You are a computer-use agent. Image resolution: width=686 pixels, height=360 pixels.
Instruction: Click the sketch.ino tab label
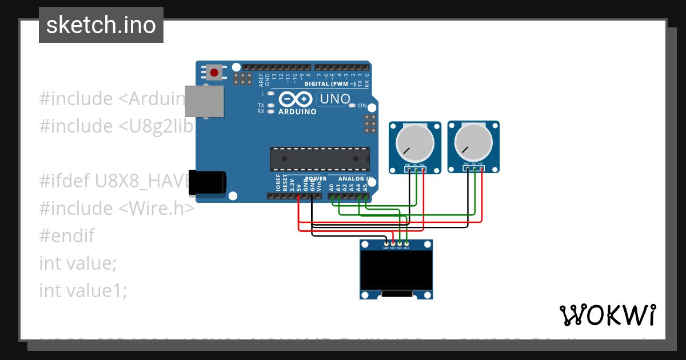tap(101, 25)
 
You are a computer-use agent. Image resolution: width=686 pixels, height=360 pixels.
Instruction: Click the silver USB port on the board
tap(204, 102)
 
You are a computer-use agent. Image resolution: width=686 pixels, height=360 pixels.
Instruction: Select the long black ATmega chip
tap(320, 159)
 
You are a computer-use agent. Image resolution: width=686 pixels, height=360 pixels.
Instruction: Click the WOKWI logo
tap(607, 314)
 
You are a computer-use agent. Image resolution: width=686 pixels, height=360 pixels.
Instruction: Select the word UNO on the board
tap(334, 99)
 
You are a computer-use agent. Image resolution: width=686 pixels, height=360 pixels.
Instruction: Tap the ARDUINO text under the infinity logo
tap(297, 112)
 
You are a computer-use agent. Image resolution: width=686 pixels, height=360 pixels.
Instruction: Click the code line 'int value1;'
tap(83, 290)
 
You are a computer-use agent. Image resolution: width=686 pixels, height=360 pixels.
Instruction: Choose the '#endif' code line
tap(67, 235)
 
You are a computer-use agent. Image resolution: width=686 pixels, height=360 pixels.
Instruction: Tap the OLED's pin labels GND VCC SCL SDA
tap(396, 248)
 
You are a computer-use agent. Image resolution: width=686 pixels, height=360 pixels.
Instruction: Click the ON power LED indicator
tap(353, 106)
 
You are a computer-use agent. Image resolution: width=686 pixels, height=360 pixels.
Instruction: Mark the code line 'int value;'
tap(78, 263)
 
